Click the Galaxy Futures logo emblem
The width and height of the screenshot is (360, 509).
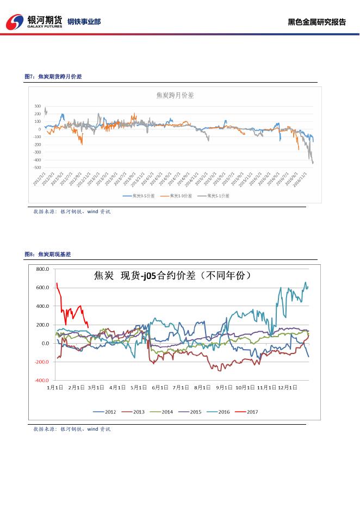[x=16, y=21]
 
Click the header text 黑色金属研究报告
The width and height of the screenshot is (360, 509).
[x=316, y=22]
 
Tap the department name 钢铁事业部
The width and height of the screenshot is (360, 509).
[x=84, y=22]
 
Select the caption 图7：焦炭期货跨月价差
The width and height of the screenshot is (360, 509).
[x=53, y=77]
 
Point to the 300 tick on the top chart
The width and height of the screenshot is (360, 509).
[x=38, y=106]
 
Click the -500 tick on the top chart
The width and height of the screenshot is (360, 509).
[x=36, y=167]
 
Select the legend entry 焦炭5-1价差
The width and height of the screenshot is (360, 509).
[x=218, y=195]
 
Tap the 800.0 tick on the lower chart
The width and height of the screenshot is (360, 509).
[x=42, y=269]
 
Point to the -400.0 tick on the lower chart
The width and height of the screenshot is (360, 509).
[x=42, y=381]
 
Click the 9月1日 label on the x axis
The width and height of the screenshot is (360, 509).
[x=224, y=388]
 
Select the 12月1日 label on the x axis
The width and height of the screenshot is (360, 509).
[x=288, y=388]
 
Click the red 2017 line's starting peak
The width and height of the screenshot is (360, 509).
[x=57, y=283]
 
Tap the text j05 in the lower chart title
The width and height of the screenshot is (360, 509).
[x=148, y=276]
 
